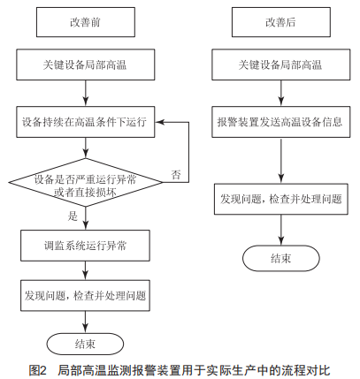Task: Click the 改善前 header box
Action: pos(86,22)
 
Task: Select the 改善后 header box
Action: pos(281,22)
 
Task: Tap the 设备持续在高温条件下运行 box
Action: pos(86,122)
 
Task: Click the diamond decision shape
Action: pos(86,182)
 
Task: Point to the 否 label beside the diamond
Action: pos(176,175)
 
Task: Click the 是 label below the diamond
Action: pos(73,216)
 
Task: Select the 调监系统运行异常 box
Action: pos(85,246)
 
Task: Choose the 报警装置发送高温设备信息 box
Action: pos(281,122)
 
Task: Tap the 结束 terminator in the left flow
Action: pos(85,344)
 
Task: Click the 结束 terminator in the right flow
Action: pos(281,258)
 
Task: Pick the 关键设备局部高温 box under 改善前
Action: pos(86,64)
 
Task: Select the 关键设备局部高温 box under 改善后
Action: pos(281,64)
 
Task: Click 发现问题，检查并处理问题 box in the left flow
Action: pos(85,296)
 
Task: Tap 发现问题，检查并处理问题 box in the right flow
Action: pos(281,199)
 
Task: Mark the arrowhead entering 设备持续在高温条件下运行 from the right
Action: pos(159,122)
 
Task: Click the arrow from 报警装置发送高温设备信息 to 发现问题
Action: pos(281,161)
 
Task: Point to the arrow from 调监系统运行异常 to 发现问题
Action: pos(86,270)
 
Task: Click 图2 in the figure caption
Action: pos(38,370)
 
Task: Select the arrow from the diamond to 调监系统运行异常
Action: pos(86,218)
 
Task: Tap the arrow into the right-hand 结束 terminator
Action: pos(281,230)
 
